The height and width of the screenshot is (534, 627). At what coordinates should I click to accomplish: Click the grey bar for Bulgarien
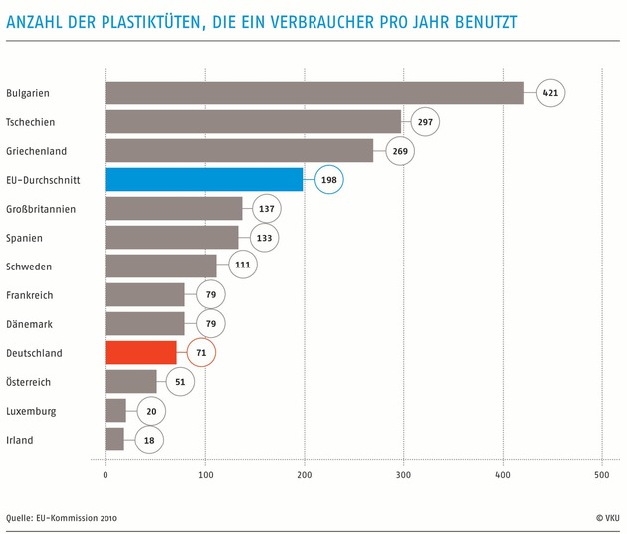point(314,92)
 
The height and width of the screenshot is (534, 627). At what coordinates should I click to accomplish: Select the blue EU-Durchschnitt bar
point(204,179)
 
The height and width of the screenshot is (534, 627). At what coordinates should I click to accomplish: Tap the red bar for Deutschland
point(141,352)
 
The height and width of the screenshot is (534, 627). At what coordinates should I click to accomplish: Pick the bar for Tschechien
point(253,121)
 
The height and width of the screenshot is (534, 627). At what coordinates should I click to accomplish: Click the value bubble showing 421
point(548,92)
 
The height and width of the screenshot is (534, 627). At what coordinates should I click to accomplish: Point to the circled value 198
point(328,179)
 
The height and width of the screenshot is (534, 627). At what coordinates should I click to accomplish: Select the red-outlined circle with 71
point(201,352)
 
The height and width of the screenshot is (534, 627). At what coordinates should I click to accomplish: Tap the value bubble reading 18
point(148,440)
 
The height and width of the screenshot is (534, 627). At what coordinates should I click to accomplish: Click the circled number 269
point(399,150)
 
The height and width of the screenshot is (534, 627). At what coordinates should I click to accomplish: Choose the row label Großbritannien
point(40,209)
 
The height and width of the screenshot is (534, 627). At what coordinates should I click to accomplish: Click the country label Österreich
point(28,382)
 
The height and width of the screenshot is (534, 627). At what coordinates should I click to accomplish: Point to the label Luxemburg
point(30,411)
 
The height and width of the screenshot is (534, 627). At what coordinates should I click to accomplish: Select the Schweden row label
point(29,267)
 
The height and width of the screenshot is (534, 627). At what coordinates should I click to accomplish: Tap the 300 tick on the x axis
point(403,475)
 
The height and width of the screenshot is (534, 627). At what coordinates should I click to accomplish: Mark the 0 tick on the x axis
point(105,475)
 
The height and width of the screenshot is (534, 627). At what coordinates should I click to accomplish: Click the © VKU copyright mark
point(606,518)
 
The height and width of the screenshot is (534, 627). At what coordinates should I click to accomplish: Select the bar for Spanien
point(171,237)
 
